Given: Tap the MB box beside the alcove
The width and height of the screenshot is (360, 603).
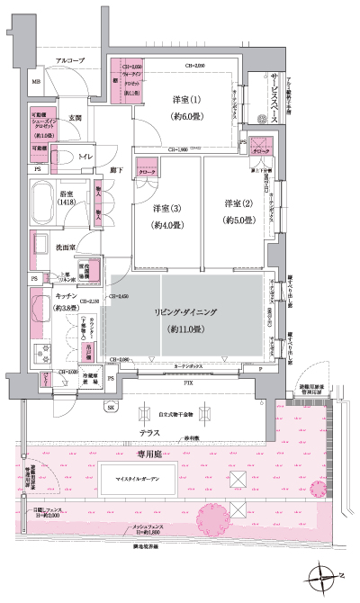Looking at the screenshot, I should pyautogui.click(x=37, y=83).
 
